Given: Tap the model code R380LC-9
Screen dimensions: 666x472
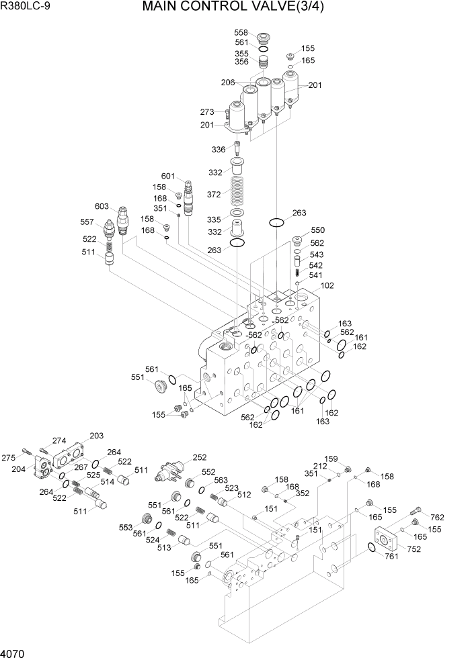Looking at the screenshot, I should (x=28, y=8).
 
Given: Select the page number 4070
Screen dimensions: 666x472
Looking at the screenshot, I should (x=14, y=653).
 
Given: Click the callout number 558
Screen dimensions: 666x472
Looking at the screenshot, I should (x=241, y=33).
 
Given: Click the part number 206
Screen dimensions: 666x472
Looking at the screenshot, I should (x=227, y=83).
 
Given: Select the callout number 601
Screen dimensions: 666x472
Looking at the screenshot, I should (x=167, y=177).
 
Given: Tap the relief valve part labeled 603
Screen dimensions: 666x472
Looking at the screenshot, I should (x=124, y=220).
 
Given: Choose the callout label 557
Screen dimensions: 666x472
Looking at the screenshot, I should (x=87, y=222).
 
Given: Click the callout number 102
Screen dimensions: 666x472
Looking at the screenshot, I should (x=327, y=285).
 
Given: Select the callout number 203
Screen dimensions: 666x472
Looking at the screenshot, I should (x=96, y=435).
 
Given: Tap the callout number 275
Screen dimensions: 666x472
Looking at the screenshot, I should (x=8, y=458).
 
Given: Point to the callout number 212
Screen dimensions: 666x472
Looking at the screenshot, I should (x=319, y=467).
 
